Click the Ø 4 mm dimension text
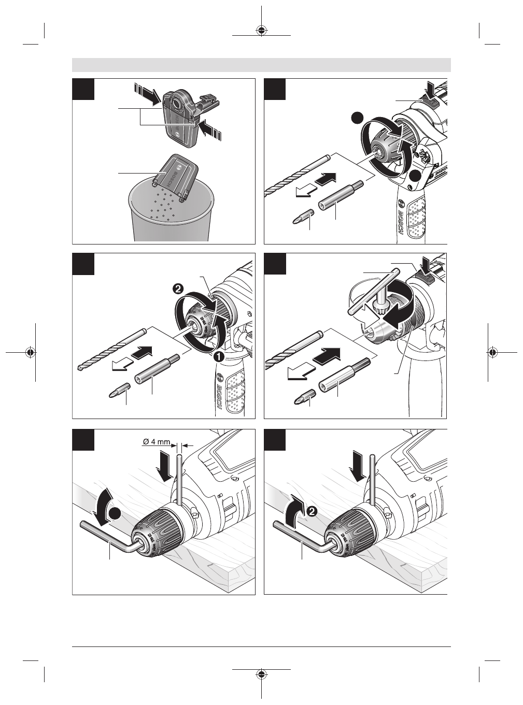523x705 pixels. point(158,442)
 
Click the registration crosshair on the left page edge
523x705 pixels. point(31,352)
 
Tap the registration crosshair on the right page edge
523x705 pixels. point(492,352)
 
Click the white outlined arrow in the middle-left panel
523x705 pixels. point(123,366)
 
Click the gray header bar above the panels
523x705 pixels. point(261,65)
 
